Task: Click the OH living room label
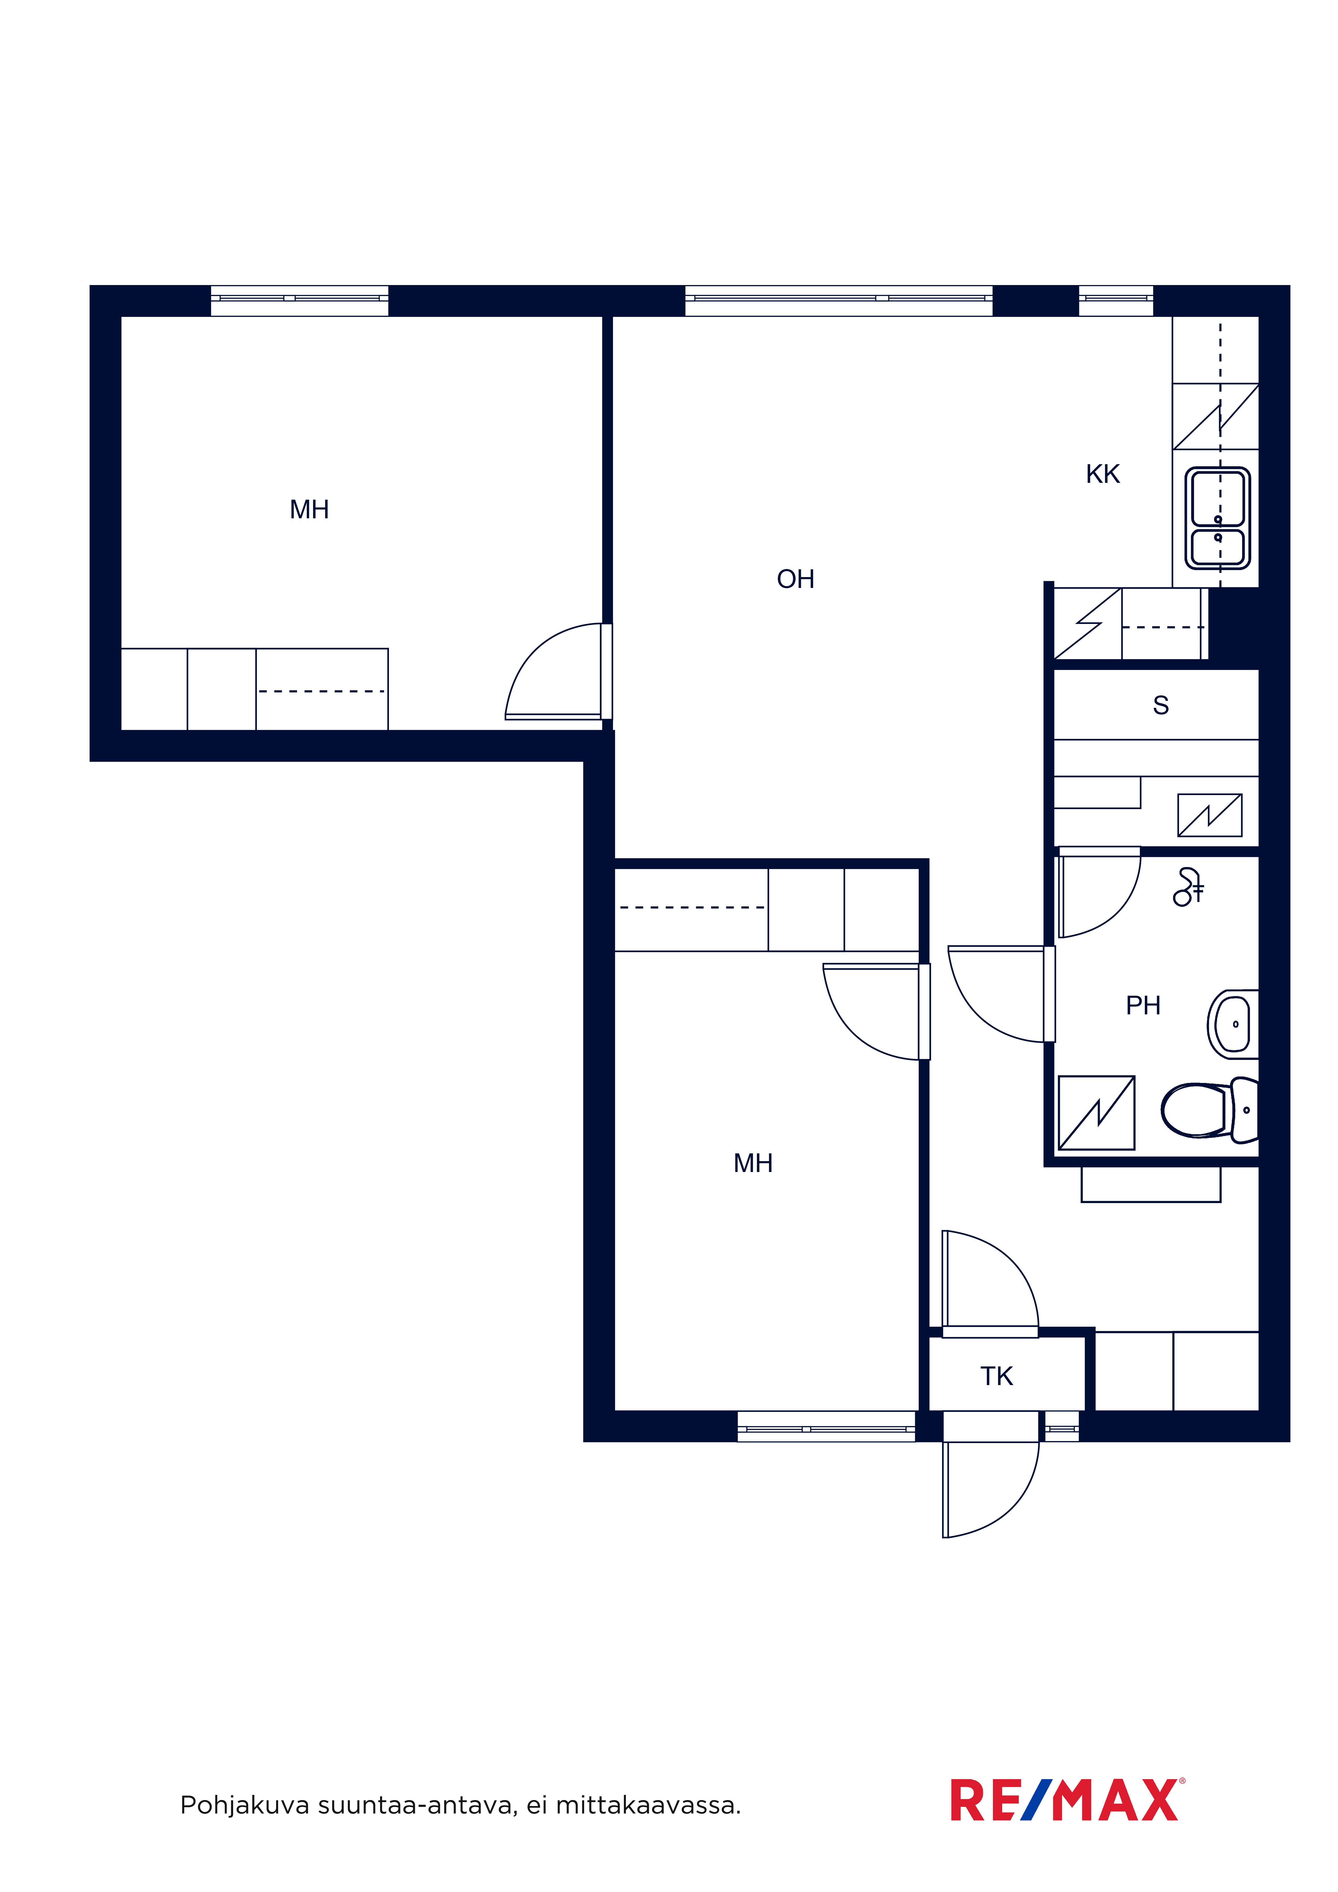(795, 579)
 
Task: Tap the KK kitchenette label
(1103, 475)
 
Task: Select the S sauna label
(1161, 705)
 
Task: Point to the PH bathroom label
(1144, 1005)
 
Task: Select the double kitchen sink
(1218, 518)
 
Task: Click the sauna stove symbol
(1209, 815)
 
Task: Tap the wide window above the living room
(838, 301)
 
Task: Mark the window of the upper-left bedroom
(299, 301)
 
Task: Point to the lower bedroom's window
(826, 1427)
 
